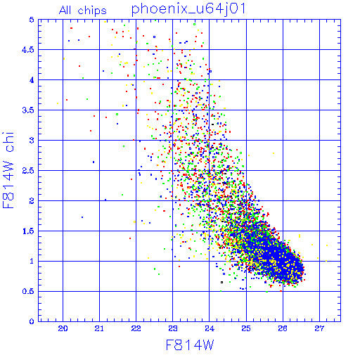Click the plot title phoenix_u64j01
pos(188,9)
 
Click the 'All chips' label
pos(83,11)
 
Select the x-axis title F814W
pos(190,345)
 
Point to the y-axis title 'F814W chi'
pos(8,170)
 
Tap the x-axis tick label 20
pos(63,328)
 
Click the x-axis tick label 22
pos(136,328)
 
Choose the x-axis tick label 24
pos(210,328)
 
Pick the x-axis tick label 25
pos(246,328)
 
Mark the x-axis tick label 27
pos(319,328)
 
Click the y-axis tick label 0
pos(32,321)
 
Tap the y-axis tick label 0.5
pos(28,291)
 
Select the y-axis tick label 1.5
pos(28,231)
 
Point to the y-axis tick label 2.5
pos(28,171)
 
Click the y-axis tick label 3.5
pos(28,110)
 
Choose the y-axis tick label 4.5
pos(28,50)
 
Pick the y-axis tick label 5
pos(32,20)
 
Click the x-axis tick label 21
pos(99,328)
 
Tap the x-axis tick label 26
pos(283,328)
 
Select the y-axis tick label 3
pos(32,141)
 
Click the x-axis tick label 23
pos(173,328)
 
